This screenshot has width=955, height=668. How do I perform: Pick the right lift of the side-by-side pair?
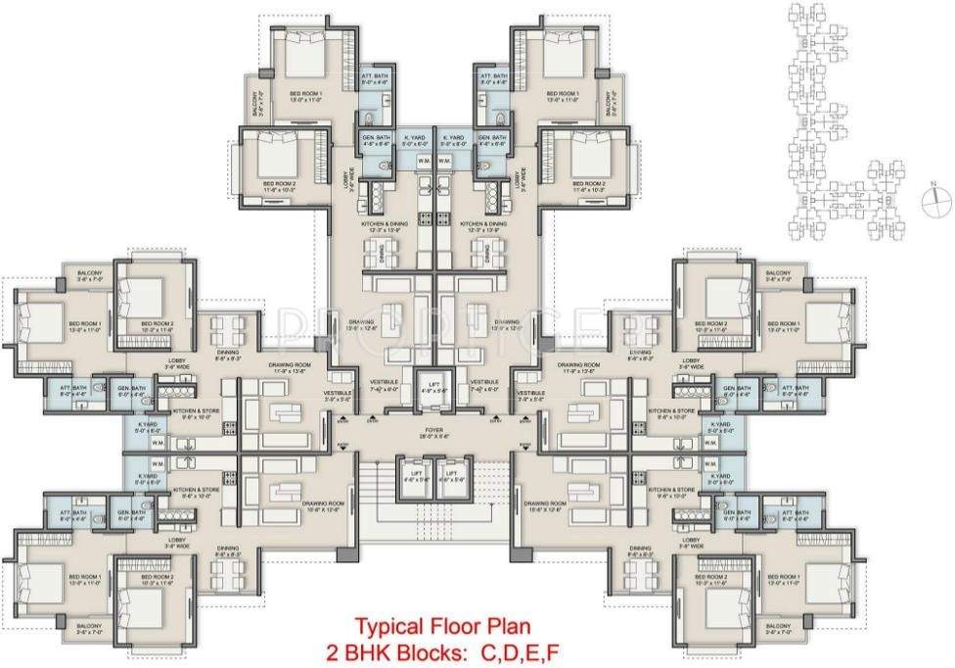click(453, 477)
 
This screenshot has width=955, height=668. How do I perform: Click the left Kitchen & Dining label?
click(384, 226)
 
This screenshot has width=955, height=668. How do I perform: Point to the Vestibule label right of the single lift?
click(484, 384)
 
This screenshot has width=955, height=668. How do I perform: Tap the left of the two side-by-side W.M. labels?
click(424, 161)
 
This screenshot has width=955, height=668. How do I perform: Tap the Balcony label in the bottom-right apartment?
click(778, 627)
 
